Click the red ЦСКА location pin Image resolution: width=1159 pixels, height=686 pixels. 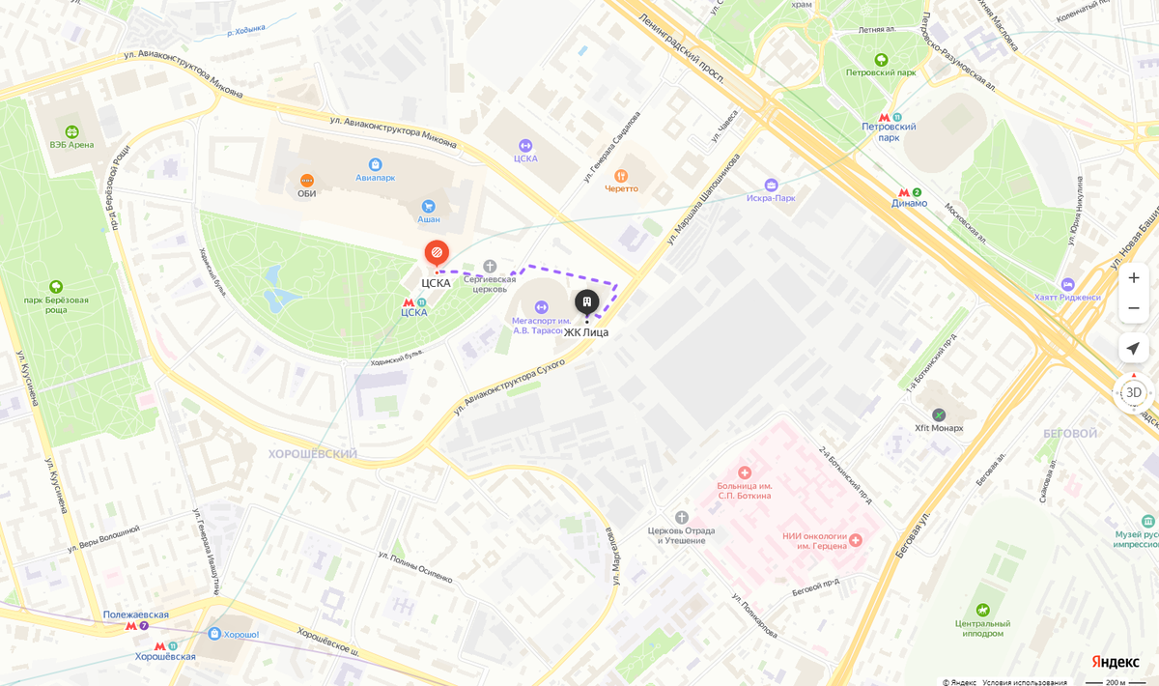(437, 253)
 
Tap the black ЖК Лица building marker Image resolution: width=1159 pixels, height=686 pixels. (586, 302)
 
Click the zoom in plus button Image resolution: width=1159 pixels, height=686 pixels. (1134, 277)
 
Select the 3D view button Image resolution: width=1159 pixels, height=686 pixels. (1134, 392)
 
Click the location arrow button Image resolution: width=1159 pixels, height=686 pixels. (1134, 348)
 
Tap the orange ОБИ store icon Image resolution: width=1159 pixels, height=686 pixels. (307, 180)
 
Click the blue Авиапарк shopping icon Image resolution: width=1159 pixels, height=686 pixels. (375, 164)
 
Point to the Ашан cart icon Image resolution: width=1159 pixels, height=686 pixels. (429, 206)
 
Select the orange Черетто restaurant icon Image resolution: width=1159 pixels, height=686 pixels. (621, 176)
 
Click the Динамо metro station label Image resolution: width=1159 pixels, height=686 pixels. (909, 203)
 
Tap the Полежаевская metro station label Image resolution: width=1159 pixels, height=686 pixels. (136, 615)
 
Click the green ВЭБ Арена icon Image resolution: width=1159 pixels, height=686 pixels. (71, 131)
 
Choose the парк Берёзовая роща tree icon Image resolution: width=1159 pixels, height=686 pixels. (56, 286)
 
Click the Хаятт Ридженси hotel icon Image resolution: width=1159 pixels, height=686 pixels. (1067, 284)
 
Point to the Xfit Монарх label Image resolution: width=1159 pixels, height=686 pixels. (939, 428)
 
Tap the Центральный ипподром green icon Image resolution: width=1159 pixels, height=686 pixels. (982, 610)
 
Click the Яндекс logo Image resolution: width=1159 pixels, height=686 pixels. (1115, 662)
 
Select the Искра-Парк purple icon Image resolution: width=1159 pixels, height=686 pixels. (771, 185)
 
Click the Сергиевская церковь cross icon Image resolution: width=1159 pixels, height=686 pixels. (490, 266)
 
